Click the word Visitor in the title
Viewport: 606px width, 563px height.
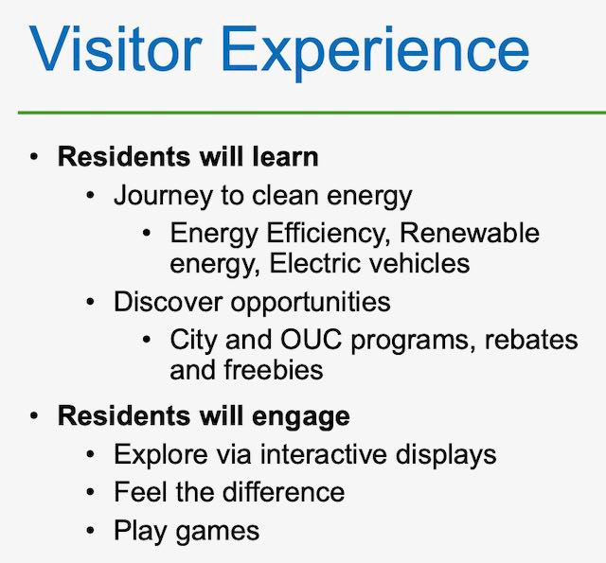click(x=116, y=48)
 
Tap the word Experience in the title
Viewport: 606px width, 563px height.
click(x=375, y=53)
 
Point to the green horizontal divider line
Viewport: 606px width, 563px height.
click(x=312, y=113)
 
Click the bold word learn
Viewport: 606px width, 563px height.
click(x=285, y=157)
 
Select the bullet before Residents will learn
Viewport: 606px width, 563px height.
click(x=34, y=158)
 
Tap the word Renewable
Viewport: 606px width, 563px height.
click(x=470, y=233)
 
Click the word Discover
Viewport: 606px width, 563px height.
click(x=169, y=302)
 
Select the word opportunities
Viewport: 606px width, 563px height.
click(x=311, y=303)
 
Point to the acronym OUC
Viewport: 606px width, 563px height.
click(x=312, y=340)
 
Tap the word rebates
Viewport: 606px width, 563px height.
click(x=531, y=340)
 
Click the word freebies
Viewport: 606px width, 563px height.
click(x=274, y=370)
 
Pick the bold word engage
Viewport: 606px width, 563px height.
click(x=301, y=417)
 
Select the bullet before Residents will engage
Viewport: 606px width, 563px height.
click(x=34, y=416)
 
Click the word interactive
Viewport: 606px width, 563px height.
click(x=324, y=454)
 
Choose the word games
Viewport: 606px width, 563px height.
click(x=218, y=532)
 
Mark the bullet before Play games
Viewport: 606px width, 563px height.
click(x=91, y=531)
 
